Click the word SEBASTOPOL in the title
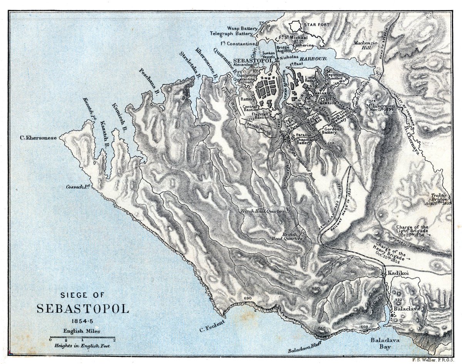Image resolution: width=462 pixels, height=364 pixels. [x=83, y=309]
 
